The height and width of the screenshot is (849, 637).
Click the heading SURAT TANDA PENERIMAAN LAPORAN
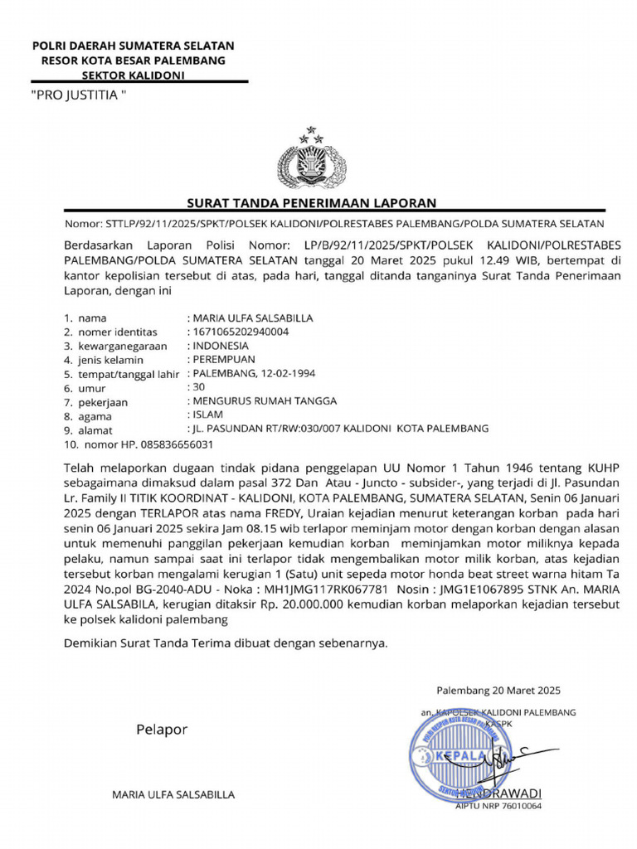(311, 203)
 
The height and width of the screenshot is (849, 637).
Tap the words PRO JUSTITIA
(78, 95)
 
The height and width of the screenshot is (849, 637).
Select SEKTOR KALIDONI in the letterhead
(132, 75)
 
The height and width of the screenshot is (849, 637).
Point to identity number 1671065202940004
(241, 332)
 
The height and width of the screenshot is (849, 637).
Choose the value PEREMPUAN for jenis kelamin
(225, 359)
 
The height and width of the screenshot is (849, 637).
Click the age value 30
(199, 387)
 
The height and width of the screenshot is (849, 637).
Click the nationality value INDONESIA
(221, 345)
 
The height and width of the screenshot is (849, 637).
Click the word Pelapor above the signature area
(162, 730)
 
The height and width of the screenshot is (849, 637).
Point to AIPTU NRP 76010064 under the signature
(498, 805)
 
